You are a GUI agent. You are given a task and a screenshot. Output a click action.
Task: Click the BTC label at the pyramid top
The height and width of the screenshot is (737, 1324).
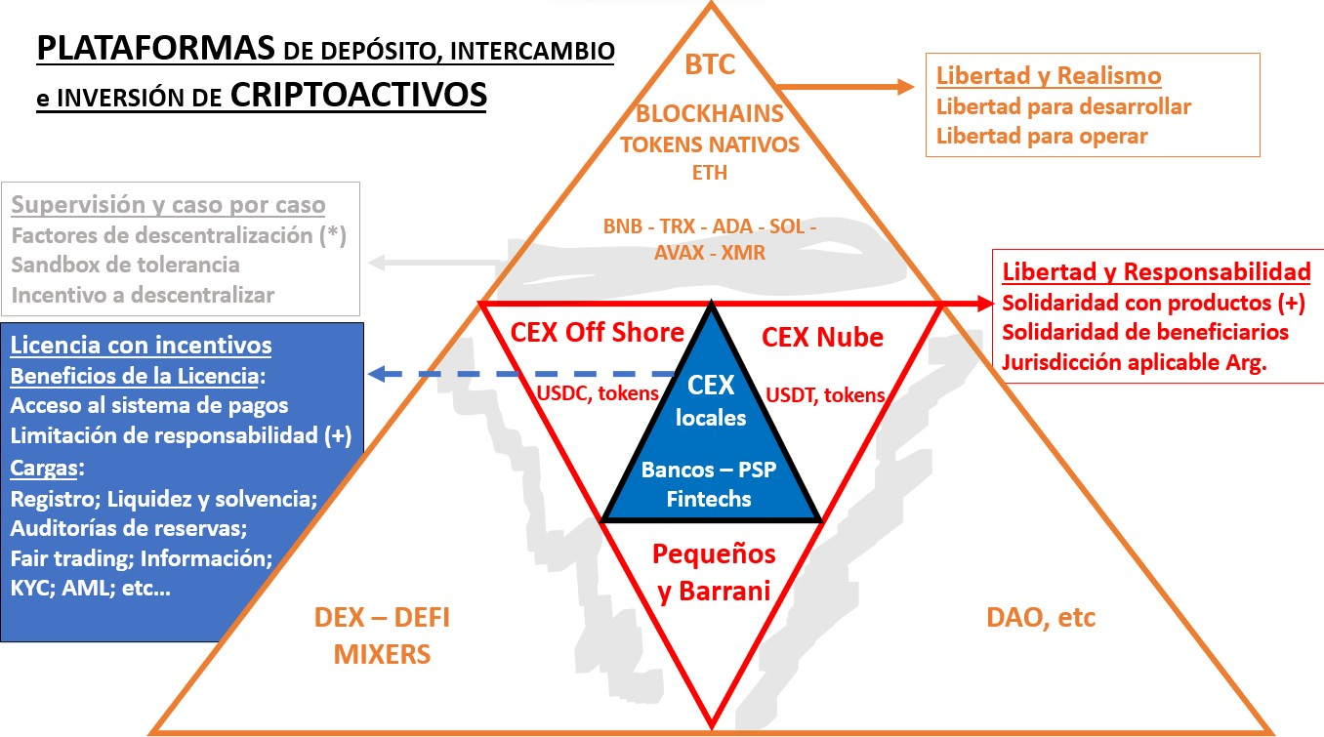click(x=710, y=66)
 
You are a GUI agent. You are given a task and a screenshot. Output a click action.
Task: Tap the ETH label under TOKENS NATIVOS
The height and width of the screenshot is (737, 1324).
click(x=710, y=173)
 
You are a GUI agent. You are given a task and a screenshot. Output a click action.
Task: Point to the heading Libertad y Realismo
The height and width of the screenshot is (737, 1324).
click(x=1049, y=76)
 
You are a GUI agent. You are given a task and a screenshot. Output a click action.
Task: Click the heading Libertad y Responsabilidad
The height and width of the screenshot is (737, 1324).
click(x=1157, y=271)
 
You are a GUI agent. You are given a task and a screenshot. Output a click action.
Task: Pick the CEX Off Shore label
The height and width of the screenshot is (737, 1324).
click(x=597, y=333)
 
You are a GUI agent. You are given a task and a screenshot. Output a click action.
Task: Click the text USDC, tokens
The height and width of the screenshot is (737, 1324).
click(x=599, y=393)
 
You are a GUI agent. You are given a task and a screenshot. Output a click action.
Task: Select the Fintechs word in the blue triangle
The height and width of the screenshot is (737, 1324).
click(x=709, y=498)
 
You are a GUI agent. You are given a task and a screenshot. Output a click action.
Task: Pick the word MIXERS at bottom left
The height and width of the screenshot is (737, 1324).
click(x=382, y=653)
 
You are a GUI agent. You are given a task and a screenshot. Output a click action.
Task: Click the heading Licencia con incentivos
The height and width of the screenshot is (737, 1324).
click(x=141, y=346)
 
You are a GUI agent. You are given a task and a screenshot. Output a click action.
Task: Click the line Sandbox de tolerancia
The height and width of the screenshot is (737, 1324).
click(x=125, y=265)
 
